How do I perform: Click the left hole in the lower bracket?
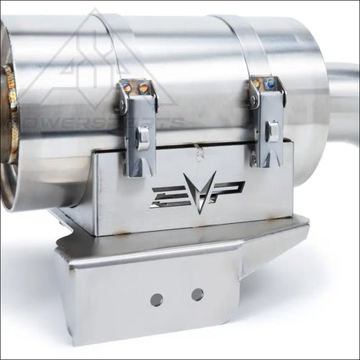(x=157, y=300)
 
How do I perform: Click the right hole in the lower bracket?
(x=197, y=294)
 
